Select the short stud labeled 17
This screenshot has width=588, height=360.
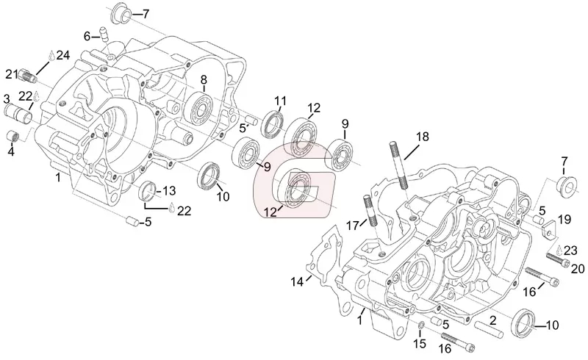click(369, 211)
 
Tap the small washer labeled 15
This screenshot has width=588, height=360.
click(420, 325)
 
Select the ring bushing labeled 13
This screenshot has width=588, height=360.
click(148, 190)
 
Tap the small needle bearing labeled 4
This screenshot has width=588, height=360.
click(13, 136)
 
